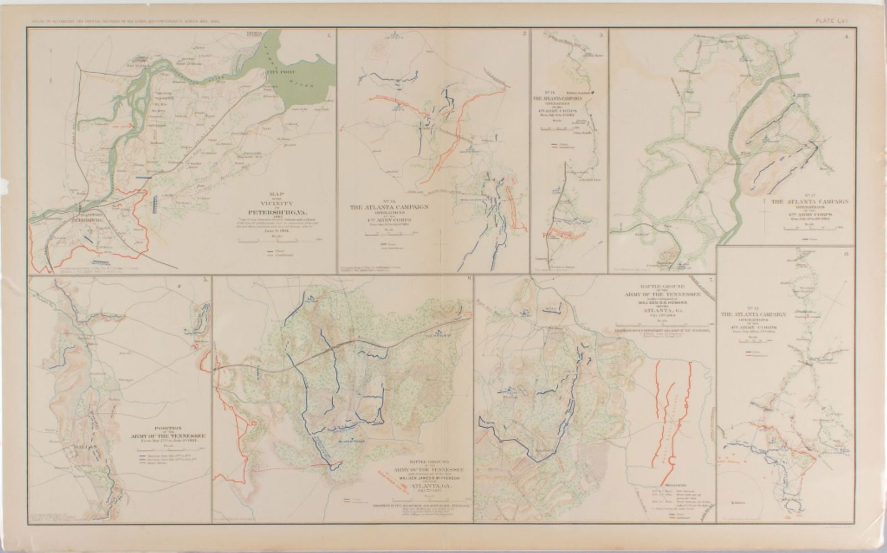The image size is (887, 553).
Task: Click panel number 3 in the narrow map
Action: pyautogui.click(x=601, y=35)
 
